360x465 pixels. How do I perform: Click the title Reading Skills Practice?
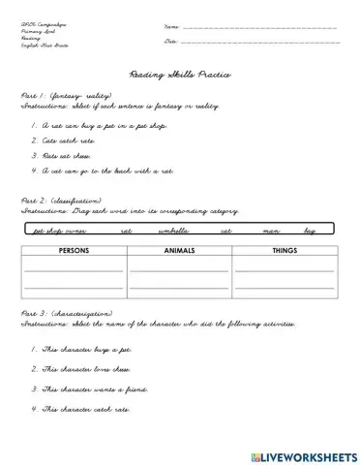180,74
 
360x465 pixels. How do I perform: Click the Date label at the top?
171,42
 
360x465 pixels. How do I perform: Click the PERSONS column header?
74,250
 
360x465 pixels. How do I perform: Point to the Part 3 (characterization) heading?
68,314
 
